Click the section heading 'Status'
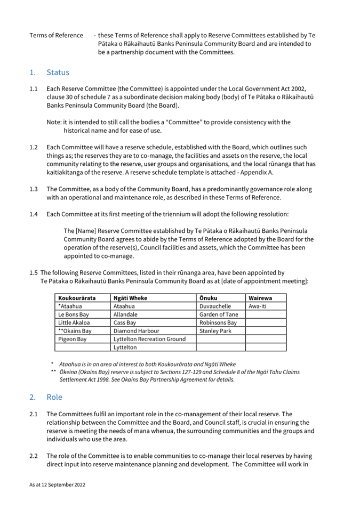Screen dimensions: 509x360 click(58, 72)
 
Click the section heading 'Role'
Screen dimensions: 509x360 click(54, 397)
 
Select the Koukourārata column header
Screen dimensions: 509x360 click(77, 298)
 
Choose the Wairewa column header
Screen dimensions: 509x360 click(260, 298)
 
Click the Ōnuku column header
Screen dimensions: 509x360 click(209, 298)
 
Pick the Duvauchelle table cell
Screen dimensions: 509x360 click(215, 306)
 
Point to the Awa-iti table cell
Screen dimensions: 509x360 click(259, 306)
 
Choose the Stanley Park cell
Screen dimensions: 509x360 click(214, 331)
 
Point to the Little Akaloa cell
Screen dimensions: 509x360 click(74, 323)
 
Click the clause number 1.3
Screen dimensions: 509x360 click(34, 189)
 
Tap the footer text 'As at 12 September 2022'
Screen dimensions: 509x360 click(57, 486)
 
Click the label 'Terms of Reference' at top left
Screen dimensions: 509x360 click(56, 35)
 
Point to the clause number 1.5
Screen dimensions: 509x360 click(34, 272)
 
